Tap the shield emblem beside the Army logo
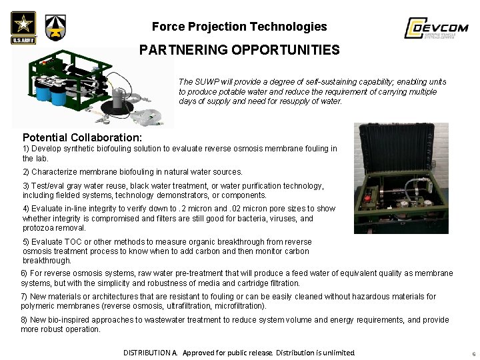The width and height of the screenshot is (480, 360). tap(55, 28)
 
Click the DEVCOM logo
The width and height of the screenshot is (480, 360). tap(436, 29)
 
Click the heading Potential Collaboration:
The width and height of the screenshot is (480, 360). tap(82, 137)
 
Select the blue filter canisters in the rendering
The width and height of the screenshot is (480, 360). tap(50, 93)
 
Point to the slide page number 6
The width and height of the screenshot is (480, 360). tap(471, 353)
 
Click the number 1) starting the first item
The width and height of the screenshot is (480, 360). tap(26, 149)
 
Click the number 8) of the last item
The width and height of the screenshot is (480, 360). tap(24, 320)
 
